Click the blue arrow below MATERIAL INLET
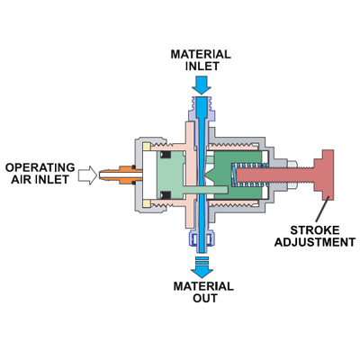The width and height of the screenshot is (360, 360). click(201, 85)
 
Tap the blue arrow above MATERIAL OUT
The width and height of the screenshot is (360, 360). click(201, 267)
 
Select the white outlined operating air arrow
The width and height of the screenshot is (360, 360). click(87, 175)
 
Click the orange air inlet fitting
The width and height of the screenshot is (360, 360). click(120, 175)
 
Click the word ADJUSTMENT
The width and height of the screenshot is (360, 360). click(315, 242)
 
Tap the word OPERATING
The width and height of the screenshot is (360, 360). click(40, 167)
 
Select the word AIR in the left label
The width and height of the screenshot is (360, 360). click(21, 179)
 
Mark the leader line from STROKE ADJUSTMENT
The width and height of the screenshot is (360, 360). click(322, 211)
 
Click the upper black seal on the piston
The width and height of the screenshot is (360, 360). click(165, 155)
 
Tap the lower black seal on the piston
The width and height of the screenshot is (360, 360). click(165, 195)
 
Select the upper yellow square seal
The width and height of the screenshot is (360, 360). click(147, 147)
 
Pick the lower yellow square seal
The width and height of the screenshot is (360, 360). click(147, 204)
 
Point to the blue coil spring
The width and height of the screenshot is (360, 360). click(249, 175)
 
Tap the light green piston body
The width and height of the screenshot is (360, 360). click(171, 174)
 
